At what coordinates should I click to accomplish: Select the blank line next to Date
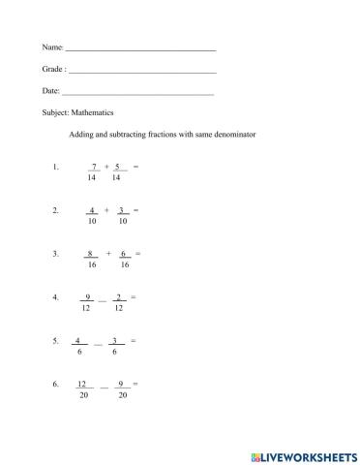click(137, 94)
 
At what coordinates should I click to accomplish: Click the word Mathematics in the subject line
click(93, 112)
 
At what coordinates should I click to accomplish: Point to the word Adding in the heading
click(84, 135)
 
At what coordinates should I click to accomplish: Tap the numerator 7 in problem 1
click(93, 167)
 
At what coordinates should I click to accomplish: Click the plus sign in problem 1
click(106, 167)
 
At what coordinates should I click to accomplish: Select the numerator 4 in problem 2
click(92, 210)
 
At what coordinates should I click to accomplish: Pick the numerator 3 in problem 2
click(122, 210)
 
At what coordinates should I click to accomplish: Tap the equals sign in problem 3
click(138, 254)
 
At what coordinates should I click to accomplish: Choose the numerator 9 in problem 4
click(88, 296)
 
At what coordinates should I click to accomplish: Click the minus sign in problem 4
click(103, 299)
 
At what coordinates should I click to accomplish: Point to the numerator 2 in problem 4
click(118, 296)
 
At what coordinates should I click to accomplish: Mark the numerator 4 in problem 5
click(76, 340)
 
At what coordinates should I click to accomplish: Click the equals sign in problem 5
click(133, 340)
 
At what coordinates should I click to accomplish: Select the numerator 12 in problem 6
click(82, 384)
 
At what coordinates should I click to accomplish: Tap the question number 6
click(56, 385)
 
